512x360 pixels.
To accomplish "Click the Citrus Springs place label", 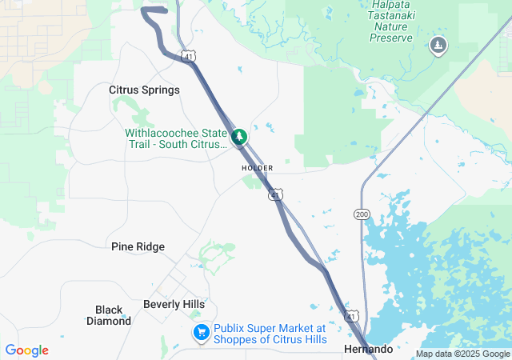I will (144, 90).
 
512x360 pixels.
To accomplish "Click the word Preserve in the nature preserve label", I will (392, 38).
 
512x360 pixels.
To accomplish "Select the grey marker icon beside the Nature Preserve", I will (438, 46).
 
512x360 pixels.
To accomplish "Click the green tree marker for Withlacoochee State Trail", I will (238, 138).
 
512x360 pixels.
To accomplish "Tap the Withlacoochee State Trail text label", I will (176, 138).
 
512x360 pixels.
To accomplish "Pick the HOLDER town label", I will (258, 168).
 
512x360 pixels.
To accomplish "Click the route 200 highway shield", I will (361, 214).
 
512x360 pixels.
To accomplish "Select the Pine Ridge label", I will (138, 246).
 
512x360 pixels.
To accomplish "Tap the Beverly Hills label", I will (174, 304).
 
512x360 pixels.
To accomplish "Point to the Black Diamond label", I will (109, 315).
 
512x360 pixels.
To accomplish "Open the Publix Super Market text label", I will (270, 334).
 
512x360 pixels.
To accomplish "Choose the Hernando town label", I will (368, 350).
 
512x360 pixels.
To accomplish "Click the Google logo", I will (26, 350).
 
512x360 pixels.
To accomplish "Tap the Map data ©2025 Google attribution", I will (462, 354).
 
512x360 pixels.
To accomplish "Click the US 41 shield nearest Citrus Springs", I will (187, 58).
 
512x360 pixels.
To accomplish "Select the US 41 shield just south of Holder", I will (275, 194).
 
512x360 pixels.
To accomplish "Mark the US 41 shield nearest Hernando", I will (351, 317).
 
